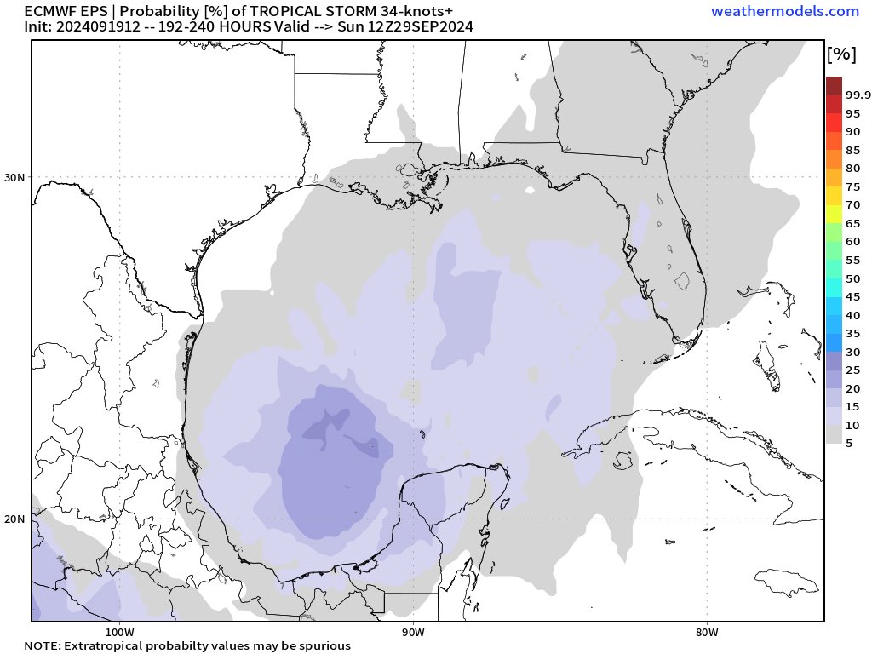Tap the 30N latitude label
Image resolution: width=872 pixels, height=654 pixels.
pos(16,177)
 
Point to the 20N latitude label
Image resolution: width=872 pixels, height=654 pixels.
pos(16,519)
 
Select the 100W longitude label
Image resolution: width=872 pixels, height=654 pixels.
pos(119,633)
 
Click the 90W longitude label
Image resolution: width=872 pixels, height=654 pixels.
pos(413,633)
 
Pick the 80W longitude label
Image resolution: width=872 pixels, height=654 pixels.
pos(707,633)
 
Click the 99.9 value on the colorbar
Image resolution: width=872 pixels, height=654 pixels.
pos(858,95)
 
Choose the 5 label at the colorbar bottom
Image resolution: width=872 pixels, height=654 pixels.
pos(849,443)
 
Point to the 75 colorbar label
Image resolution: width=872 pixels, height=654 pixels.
pos(852,186)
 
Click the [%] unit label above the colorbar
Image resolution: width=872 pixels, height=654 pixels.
pos(840,54)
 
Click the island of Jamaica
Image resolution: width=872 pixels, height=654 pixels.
pos(787,582)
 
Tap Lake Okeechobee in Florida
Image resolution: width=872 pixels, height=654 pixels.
pos(681,278)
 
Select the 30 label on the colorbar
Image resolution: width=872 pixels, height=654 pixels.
pos(852,352)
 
